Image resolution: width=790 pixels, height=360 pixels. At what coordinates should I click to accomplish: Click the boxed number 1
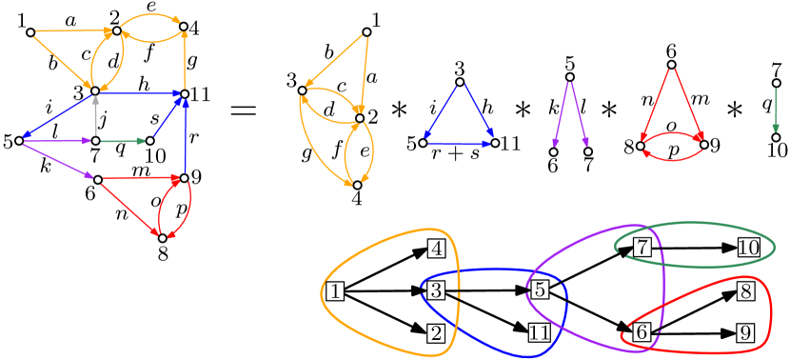334,291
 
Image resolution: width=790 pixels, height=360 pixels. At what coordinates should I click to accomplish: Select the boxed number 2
436,333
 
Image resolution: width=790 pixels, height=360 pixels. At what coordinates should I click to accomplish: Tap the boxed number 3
436,290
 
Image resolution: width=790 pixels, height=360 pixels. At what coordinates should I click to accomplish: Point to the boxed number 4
436,249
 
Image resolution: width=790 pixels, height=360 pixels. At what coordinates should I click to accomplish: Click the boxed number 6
642,331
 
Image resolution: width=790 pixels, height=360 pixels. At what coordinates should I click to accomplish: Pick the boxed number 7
642,248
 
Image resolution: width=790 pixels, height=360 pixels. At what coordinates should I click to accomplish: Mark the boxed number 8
745,291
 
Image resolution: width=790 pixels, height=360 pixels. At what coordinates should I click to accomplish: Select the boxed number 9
745,333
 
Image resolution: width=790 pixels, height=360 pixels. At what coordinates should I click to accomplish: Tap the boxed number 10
748,248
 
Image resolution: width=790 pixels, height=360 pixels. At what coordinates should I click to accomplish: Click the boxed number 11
539,333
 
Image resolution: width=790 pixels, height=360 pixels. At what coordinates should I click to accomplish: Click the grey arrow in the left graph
95,116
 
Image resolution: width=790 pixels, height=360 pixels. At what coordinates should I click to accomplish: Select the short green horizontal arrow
122,141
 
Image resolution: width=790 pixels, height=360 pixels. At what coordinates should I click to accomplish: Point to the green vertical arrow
776,110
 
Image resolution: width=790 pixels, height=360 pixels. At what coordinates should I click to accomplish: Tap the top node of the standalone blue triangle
459,82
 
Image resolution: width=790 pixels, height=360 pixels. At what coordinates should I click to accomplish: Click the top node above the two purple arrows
569,77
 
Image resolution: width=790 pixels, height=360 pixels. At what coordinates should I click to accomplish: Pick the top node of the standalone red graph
671,65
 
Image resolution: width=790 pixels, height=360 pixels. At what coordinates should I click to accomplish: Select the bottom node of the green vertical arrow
776,138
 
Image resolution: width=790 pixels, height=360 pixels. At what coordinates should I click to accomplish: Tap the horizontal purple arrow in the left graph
57,141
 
